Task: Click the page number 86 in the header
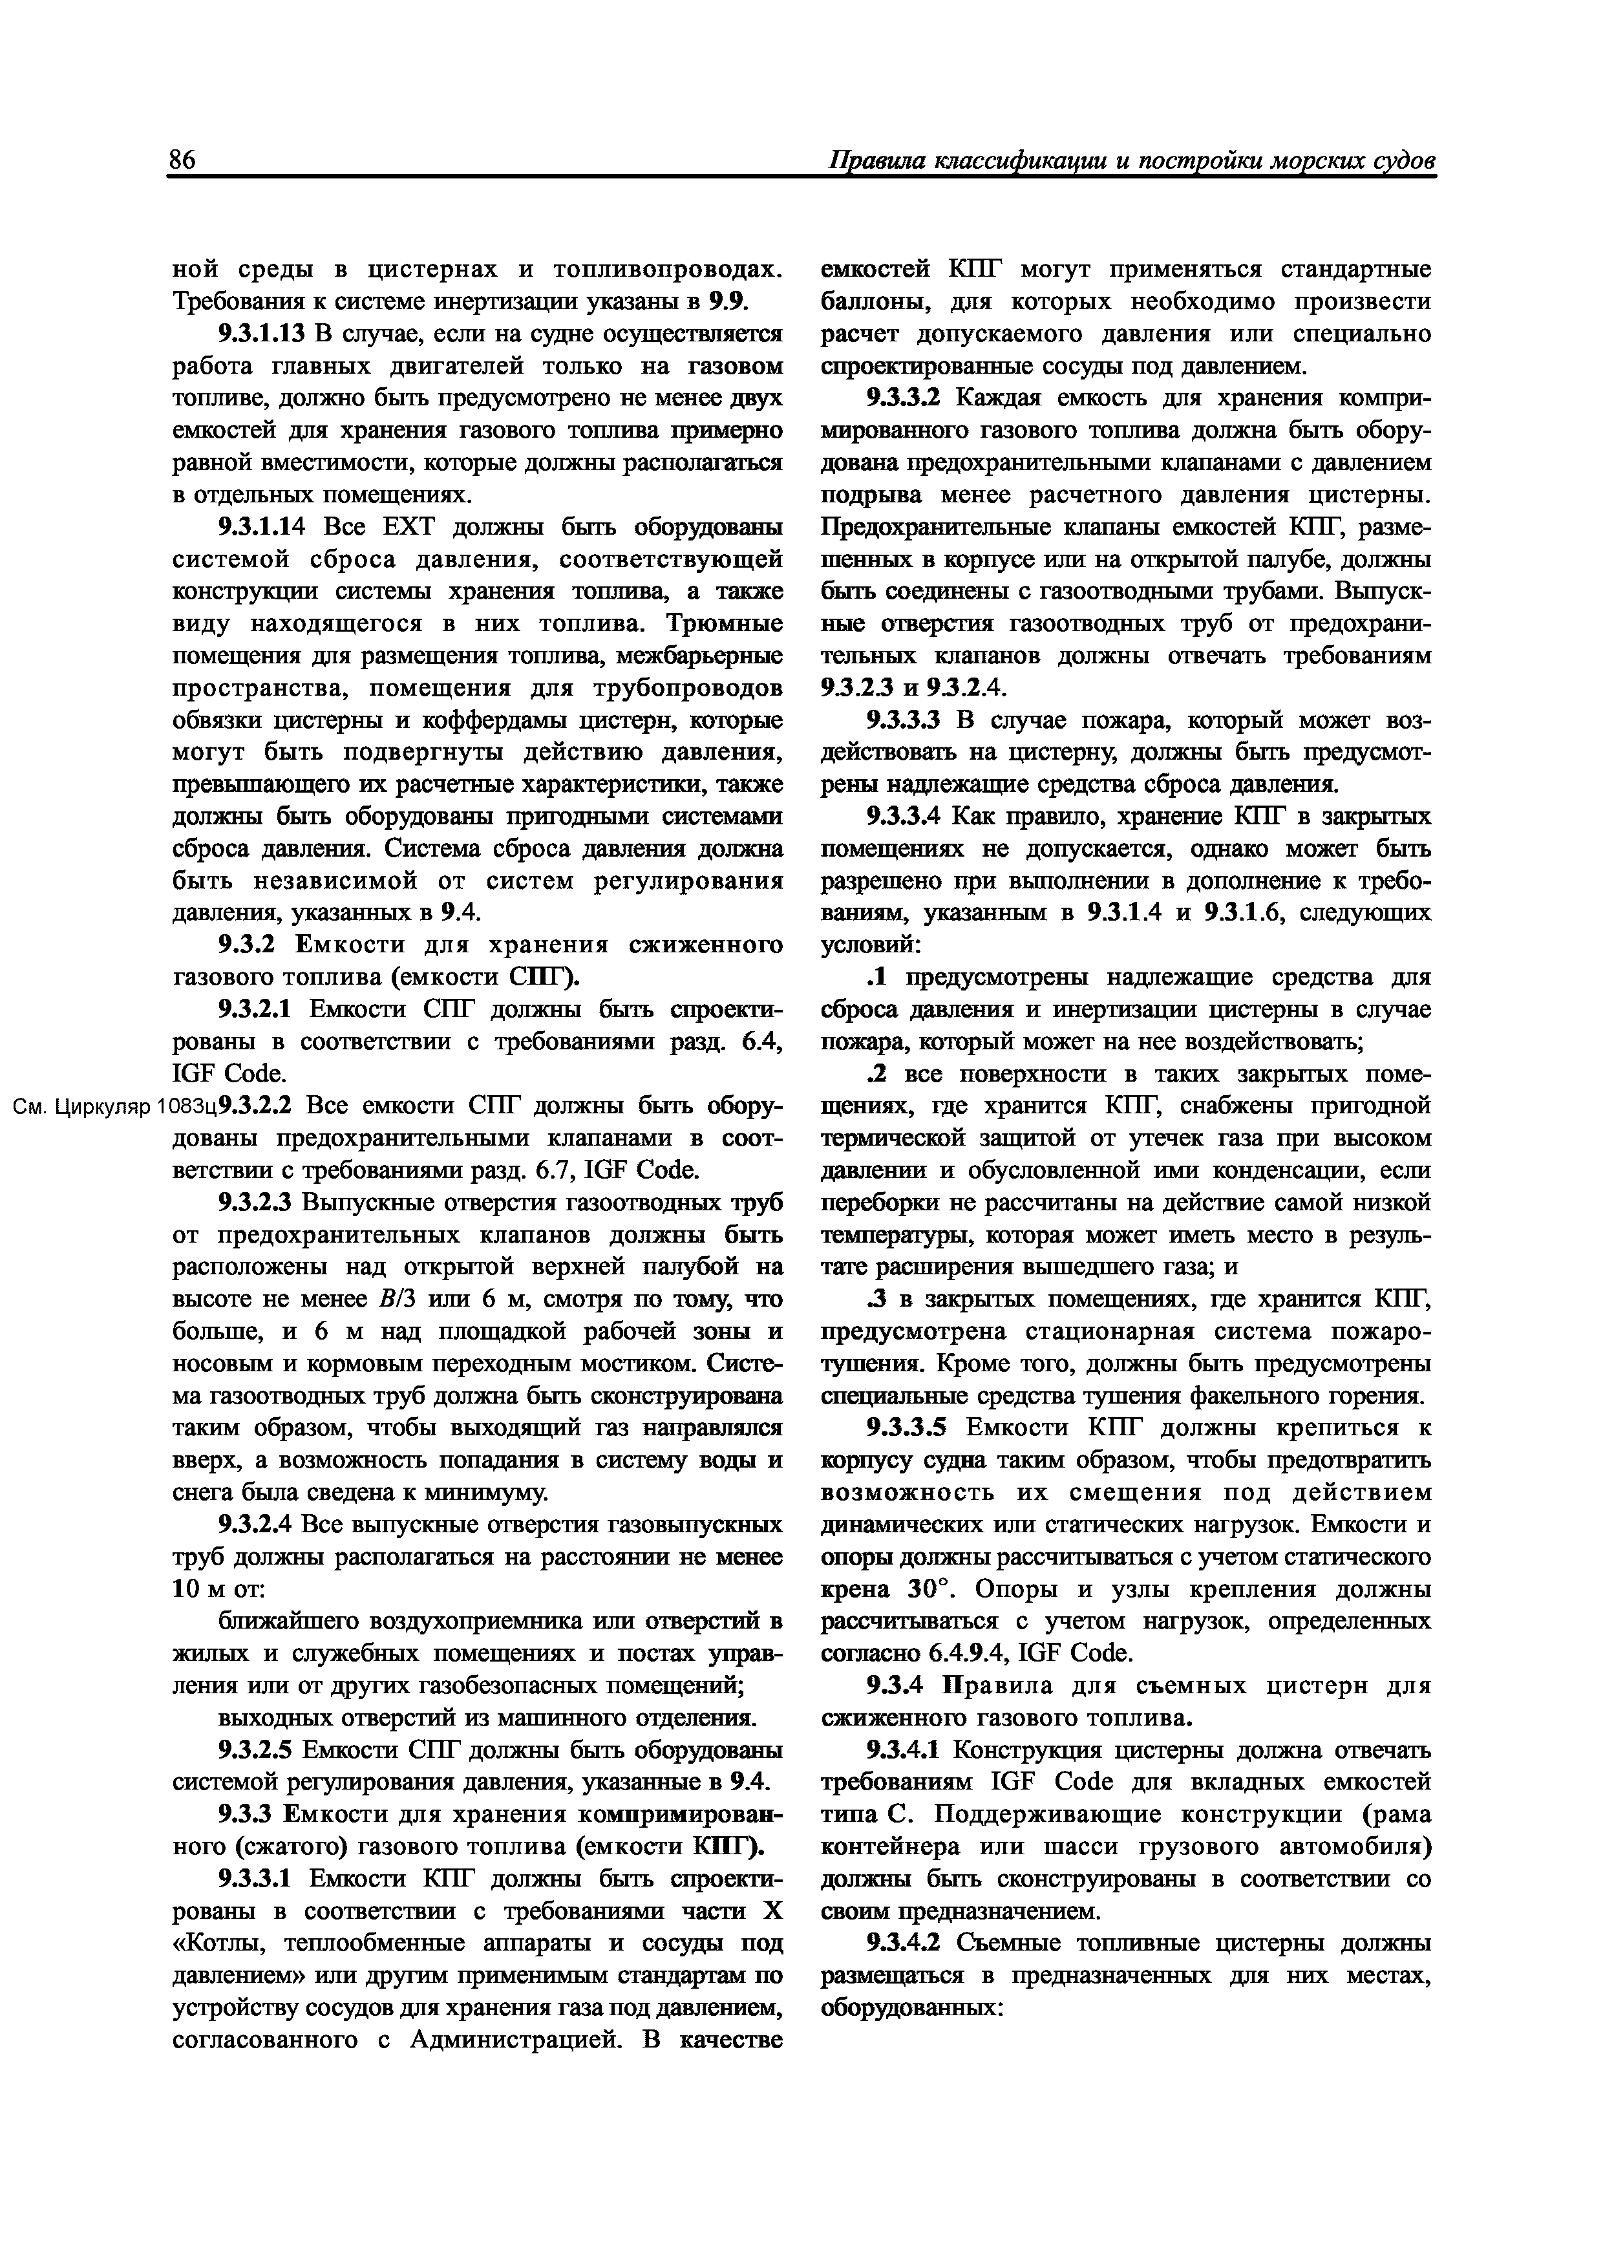point(183,160)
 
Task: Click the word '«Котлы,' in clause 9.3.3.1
point(220,1943)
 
